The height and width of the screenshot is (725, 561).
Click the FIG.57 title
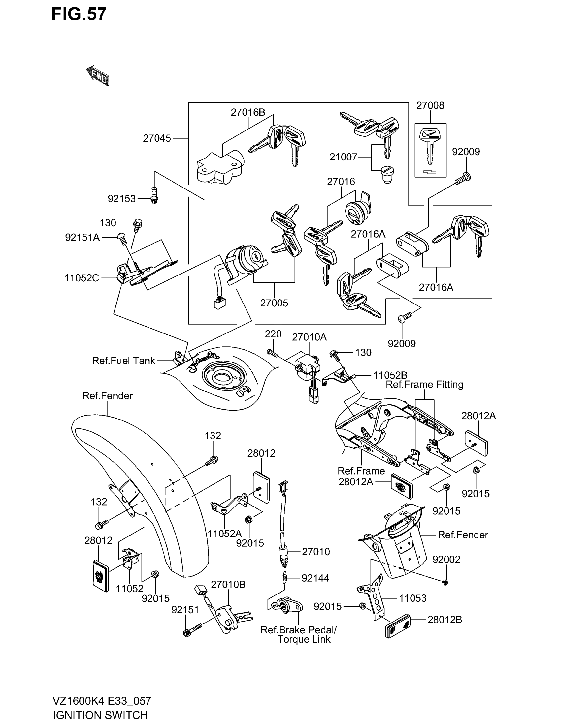tap(79, 14)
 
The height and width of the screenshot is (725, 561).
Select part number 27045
tap(157, 138)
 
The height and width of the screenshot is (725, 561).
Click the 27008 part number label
tap(430, 105)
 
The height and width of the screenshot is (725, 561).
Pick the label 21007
tap(343, 157)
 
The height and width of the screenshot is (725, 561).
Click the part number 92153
tap(122, 199)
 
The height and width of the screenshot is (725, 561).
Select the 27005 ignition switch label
tap(274, 303)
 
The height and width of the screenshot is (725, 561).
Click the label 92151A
tap(82, 238)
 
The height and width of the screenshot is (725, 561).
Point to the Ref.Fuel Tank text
tap(124, 361)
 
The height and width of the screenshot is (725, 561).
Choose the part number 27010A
tap(310, 337)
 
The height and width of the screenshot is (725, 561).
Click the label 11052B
tap(390, 375)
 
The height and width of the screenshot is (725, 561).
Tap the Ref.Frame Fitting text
tap(424, 385)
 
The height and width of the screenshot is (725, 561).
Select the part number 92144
tap(315, 578)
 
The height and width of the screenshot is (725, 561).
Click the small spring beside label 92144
tap(285, 578)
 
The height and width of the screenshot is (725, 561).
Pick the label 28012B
tap(445, 620)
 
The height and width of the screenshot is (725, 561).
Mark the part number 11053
tap(412, 598)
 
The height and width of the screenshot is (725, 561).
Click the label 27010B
tap(228, 585)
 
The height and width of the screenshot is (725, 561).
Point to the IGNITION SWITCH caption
tap(100, 715)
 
